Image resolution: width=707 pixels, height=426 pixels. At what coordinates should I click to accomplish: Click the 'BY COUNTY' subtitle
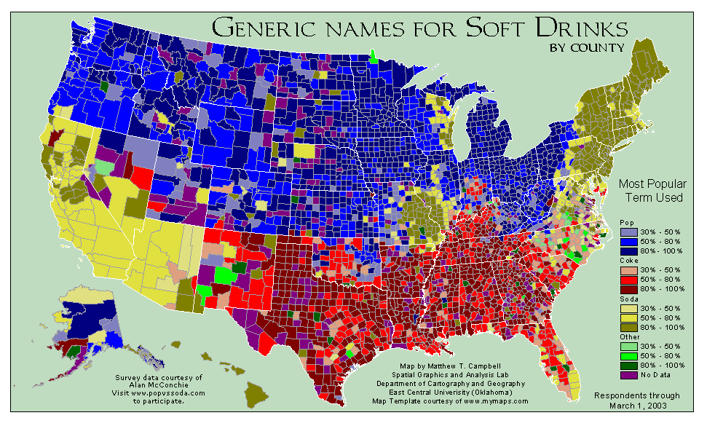[588, 48]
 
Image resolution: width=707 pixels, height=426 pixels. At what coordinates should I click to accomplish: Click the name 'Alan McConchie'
[159, 385]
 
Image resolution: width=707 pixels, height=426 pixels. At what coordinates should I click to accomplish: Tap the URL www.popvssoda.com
[169, 393]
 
